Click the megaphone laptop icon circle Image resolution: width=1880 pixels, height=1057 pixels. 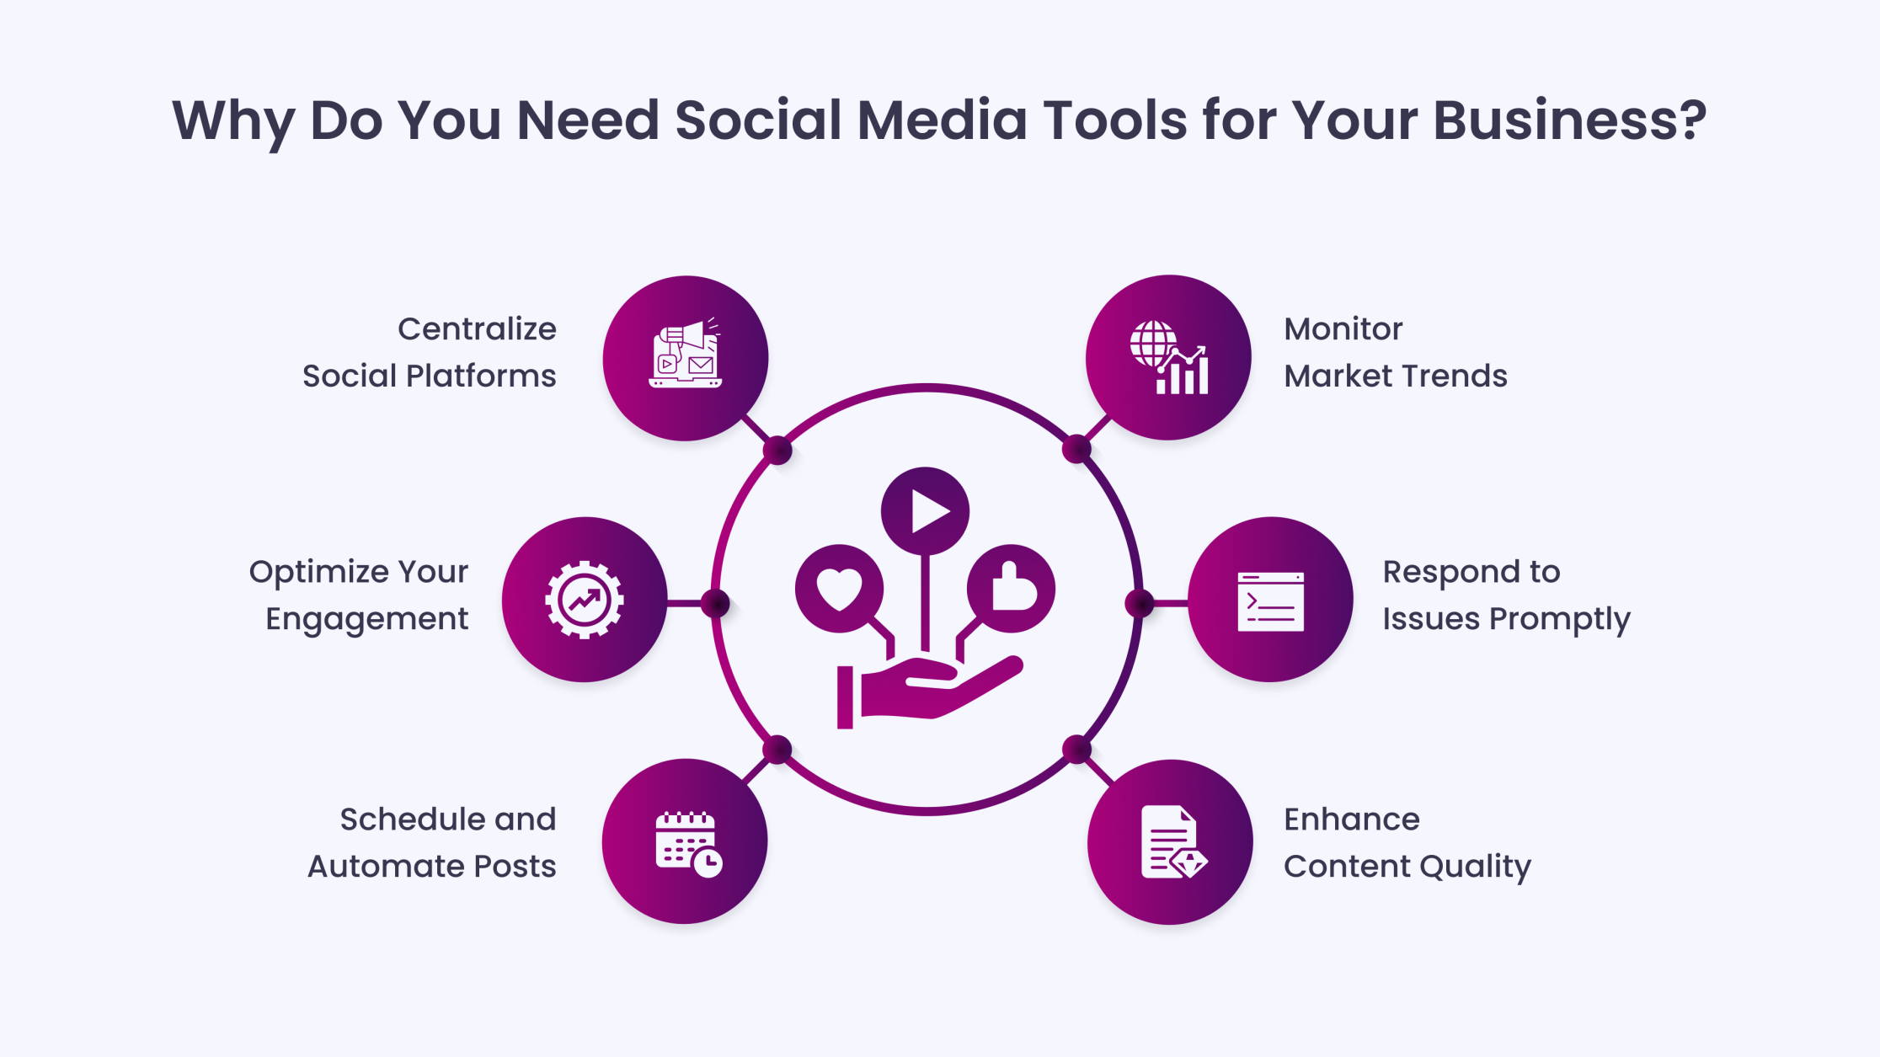685,358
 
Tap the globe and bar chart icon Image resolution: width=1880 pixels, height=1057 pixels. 1169,357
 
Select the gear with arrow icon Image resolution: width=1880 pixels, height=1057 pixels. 584,600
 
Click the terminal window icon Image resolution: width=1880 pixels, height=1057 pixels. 1270,601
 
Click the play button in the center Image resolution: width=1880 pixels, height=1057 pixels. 925,511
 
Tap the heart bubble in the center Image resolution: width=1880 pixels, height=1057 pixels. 839,589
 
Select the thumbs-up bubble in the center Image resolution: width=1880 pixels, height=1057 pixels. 1011,588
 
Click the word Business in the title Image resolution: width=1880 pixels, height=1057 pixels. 1569,120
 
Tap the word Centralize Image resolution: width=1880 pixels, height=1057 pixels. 477,328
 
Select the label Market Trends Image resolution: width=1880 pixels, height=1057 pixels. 1396,376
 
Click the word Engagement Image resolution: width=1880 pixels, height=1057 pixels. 366,620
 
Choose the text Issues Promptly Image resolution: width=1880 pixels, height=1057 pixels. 1506,620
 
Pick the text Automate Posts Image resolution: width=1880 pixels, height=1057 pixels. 431,866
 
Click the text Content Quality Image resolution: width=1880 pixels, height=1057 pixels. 1407,867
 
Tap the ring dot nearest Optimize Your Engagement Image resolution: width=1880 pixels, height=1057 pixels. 715,603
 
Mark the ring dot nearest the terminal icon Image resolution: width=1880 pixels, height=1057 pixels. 1139,603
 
